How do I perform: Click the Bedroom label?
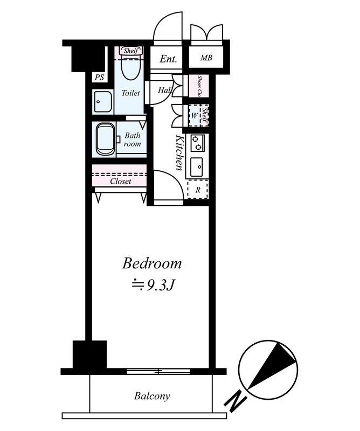tap(152, 263)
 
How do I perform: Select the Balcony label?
tap(152, 396)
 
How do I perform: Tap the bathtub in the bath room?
tap(105, 140)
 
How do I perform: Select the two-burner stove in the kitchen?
tap(197, 143)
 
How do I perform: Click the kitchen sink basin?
tap(197, 167)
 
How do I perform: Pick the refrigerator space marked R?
tap(197, 190)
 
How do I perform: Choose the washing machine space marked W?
tap(195, 115)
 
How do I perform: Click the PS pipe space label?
tap(99, 77)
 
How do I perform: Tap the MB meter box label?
tap(206, 58)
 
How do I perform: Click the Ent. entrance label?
tap(168, 59)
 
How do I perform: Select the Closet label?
tap(121, 181)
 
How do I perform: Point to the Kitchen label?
tap(179, 152)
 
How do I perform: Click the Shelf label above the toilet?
tap(130, 51)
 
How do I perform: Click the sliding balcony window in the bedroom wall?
tap(158, 372)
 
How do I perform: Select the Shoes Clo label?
tap(199, 86)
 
